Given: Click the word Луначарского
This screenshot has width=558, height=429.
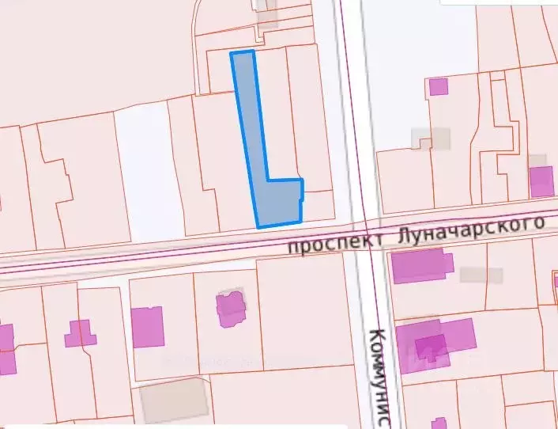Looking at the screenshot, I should [466, 230].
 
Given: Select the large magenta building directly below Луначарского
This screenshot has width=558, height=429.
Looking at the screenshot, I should [419, 265].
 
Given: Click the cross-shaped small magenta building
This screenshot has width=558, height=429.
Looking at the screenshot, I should [80, 333].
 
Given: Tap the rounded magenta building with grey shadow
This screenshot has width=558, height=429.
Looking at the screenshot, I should [231, 308].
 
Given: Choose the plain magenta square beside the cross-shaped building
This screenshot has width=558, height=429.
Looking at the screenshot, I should [147, 326].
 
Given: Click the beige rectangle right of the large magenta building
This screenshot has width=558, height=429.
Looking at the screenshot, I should [481, 275].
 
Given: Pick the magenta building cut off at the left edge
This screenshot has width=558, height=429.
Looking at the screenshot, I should [6, 348].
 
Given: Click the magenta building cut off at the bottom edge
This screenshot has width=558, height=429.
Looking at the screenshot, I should [439, 423].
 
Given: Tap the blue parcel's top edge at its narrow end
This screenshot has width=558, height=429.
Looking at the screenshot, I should [242, 53].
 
